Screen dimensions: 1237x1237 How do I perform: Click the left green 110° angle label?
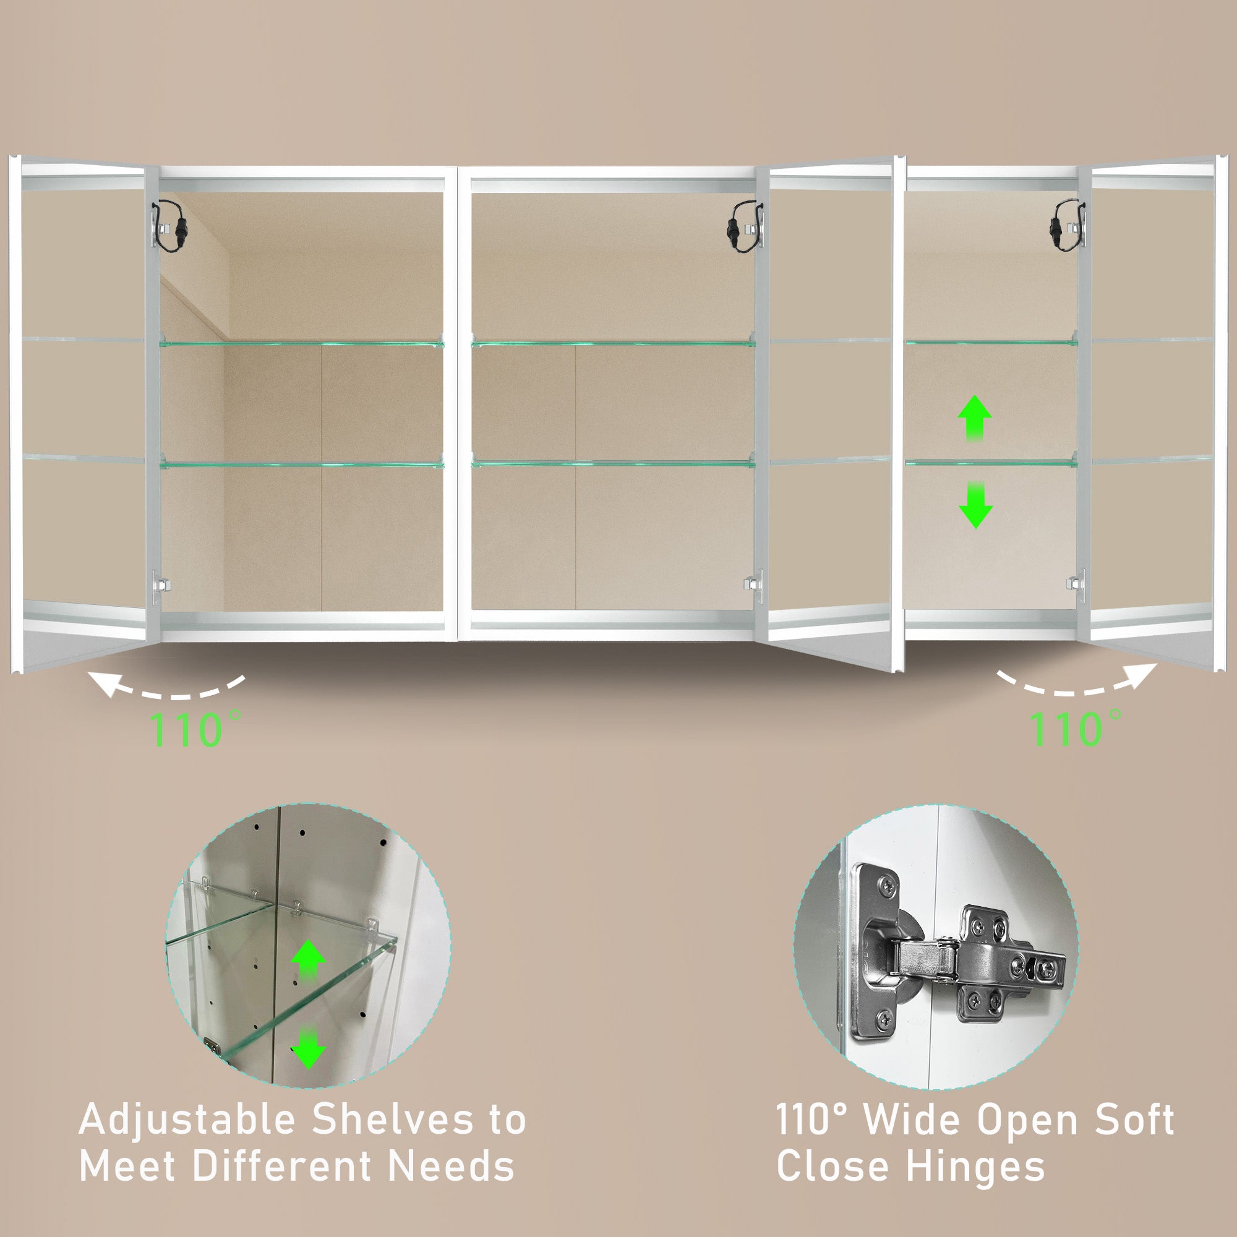pos(195,729)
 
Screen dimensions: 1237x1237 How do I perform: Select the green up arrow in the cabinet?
pos(975,418)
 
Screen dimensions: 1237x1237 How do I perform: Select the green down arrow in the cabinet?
pos(975,505)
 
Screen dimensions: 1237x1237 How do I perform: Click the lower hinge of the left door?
pos(160,586)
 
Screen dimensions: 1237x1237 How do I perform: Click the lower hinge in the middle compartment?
pos(753,585)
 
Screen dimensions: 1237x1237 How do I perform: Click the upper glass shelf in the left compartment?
pos(302,343)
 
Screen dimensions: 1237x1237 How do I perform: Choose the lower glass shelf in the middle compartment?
pos(614,463)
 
